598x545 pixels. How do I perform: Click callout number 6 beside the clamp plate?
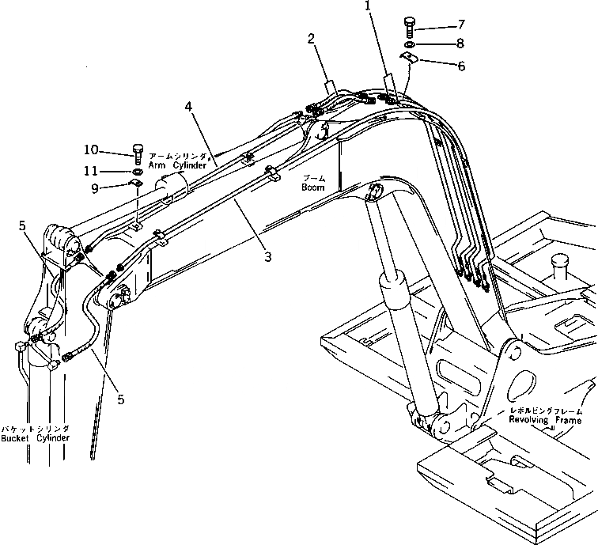tap(461, 66)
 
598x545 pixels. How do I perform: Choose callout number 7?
tap(461, 25)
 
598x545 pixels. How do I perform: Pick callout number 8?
tap(461, 45)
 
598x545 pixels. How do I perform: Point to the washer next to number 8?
tap(410, 45)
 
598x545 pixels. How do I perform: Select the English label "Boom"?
tap(312, 187)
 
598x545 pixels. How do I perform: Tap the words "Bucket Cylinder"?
tap(35, 437)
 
